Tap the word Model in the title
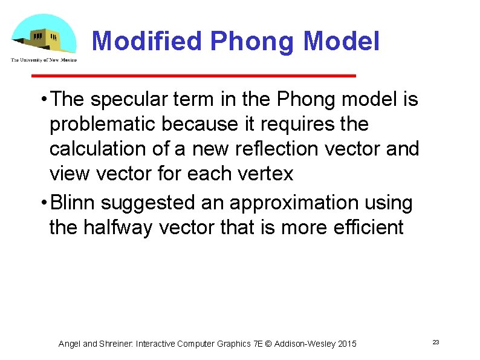[342, 42]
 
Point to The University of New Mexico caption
[44, 59]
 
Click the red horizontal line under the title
[193, 76]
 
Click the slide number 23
[435, 343]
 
